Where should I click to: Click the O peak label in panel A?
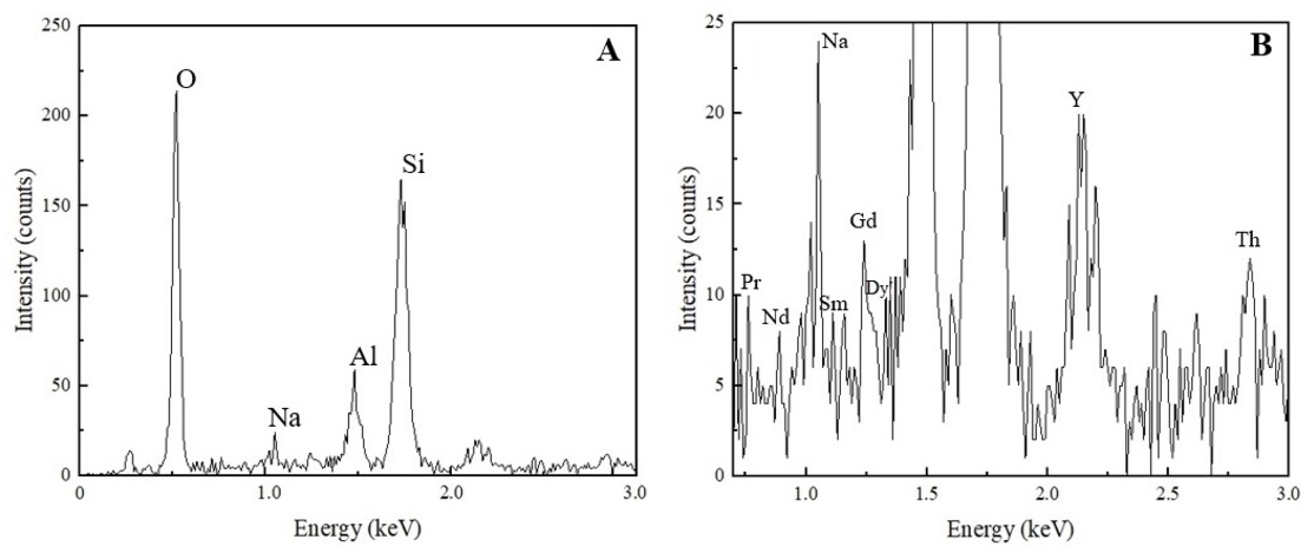pyautogui.click(x=186, y=80)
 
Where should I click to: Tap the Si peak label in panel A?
pyautogui.click(x=413, y=164)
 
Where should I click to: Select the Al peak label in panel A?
pyautogui.click(x=363, y=358)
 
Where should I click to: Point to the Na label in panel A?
pyautogui.click(x=284, y=419)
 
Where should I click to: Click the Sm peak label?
pyautogui.click(x=833, y=304)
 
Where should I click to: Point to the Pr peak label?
pyautogui.click(x=751, y=282)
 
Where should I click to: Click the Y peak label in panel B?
pyautogui.click(x=1076, y=100)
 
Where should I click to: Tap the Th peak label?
pyautogui.click(x=1248, y=240)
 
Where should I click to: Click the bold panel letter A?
pyautogui.click(x=608, y=51)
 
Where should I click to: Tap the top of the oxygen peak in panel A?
pyautogui.click(x=176, y=92)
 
